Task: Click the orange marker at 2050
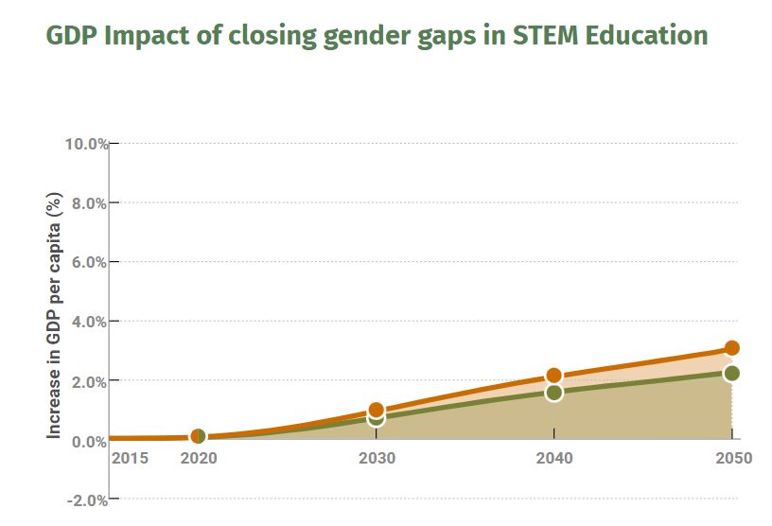731,348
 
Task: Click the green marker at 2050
731,373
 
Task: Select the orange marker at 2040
553,376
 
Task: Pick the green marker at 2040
553,393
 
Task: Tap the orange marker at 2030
376,411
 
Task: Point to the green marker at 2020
198,436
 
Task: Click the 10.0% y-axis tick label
86,144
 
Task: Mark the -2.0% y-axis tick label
86,500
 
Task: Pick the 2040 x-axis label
553,459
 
